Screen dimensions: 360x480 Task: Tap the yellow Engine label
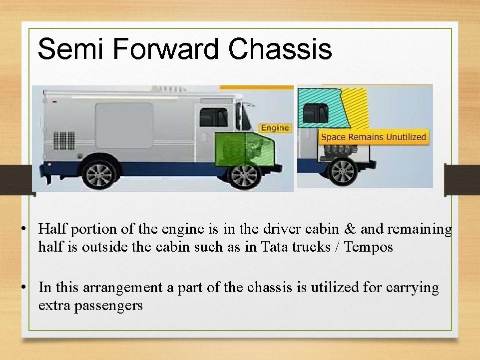point(275,128)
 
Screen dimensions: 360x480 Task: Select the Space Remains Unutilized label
point(373,137)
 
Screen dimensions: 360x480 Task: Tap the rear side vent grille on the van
point(64,140)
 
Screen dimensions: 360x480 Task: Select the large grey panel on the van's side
point(124,125)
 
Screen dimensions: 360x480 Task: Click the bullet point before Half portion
point(23,230)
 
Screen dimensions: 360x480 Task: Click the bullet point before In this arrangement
point(23,288)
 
